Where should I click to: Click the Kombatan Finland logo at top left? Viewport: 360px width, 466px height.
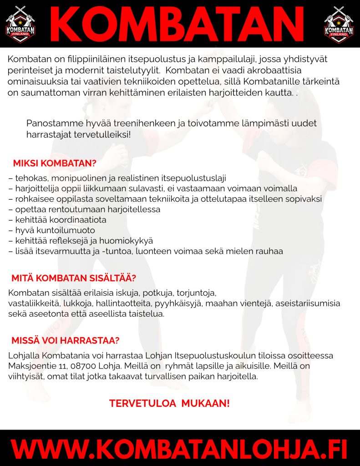coord(20,25)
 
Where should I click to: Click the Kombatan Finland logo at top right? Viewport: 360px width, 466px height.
coord(339,25)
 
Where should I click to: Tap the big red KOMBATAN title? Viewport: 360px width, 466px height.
coord(179,24)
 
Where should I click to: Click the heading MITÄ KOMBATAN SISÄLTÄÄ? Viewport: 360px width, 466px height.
coord(74,278)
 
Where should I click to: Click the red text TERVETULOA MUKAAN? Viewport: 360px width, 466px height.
coord(169,403)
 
